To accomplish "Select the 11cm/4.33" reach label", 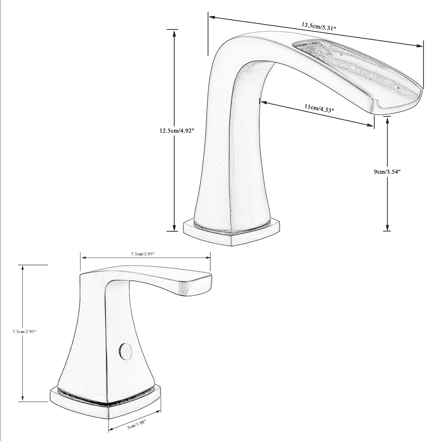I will (x=319, y=108).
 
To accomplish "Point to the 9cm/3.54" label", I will (x=387, y=172).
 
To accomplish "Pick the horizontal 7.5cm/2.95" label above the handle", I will (x=145, y=254).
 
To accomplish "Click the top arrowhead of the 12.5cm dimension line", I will (x=174, y=33).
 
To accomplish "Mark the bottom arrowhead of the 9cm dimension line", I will (x=387, y=228).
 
